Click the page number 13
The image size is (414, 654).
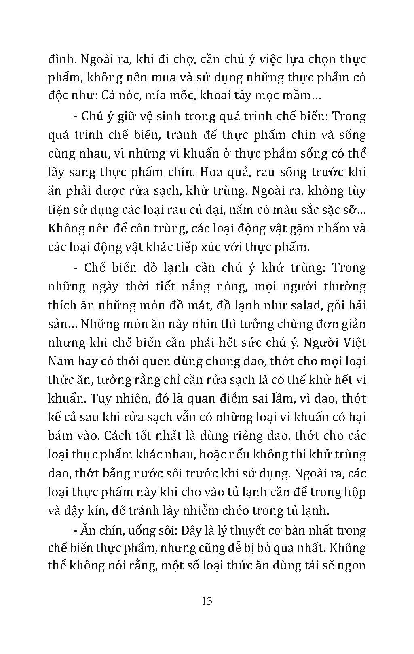207,601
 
